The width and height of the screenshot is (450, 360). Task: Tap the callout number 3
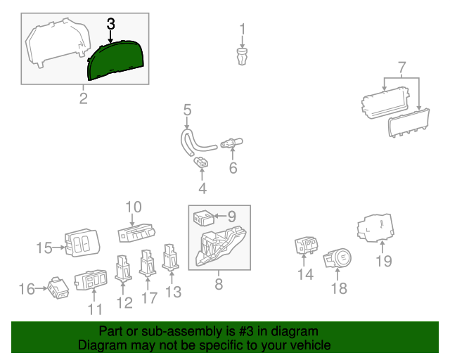click(x=110, y=24)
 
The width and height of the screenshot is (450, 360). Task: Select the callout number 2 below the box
click(x=83, y=98)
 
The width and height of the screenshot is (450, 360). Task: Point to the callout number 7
click(x=401, y=68)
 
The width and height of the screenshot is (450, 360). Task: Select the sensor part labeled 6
click(x=230, y=144)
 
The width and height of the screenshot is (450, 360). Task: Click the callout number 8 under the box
click(x=218, y=284)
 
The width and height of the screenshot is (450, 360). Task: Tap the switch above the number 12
click(x=122, y=268)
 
